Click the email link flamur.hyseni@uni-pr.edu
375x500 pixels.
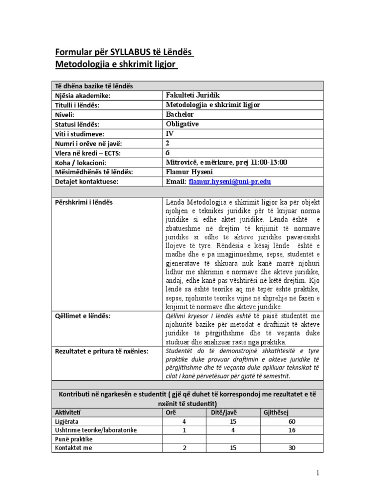229,182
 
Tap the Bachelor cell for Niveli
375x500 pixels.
180,114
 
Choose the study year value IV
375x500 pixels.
170,133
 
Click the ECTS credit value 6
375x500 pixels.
168,153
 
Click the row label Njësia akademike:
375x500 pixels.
83,96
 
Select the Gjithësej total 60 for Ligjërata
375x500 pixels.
292,421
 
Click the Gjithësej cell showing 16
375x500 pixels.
292,430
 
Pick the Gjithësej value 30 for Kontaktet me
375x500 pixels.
292,448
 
